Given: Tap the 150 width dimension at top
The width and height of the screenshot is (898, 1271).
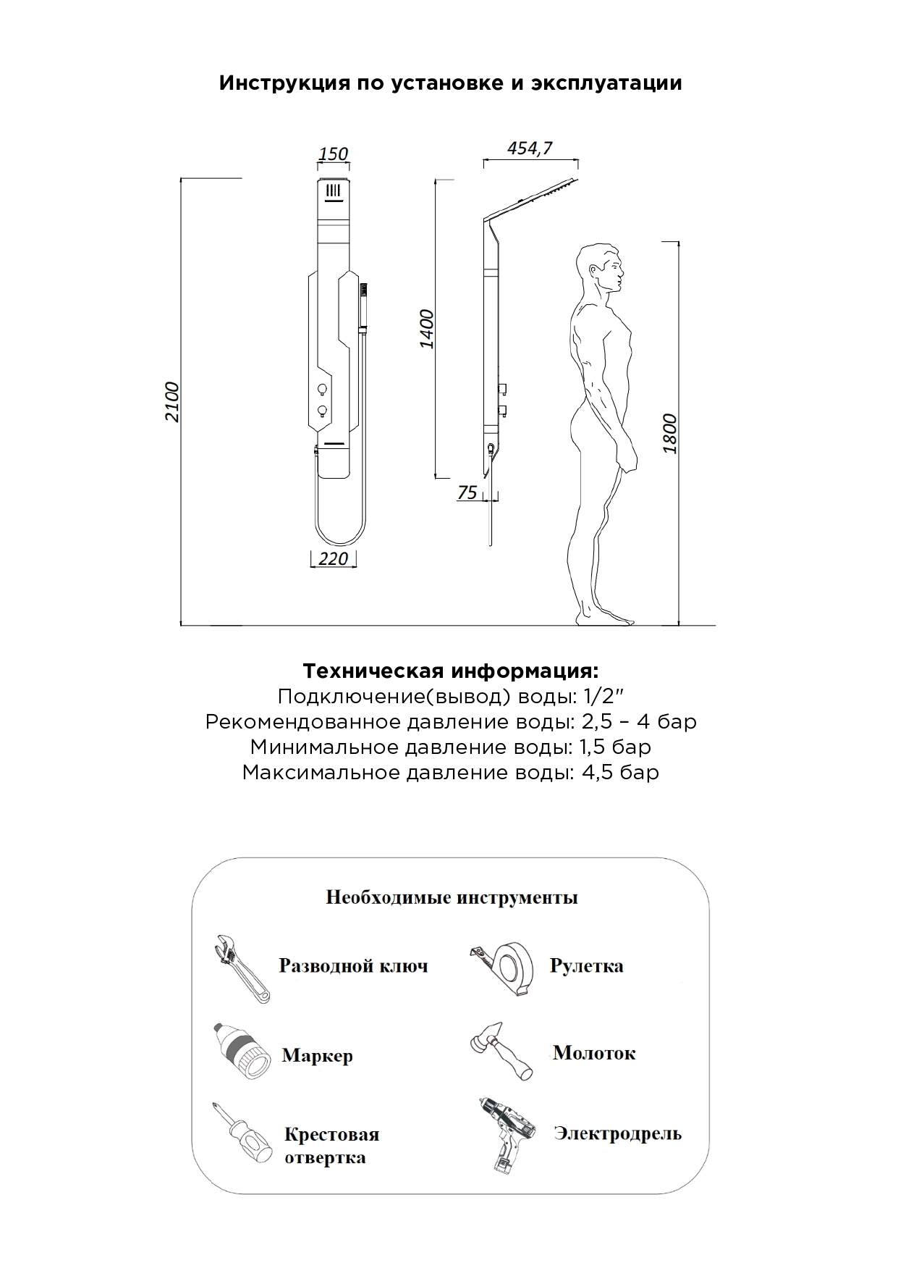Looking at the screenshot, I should [333, 154].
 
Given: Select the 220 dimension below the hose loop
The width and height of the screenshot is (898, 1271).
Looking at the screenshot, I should [333, 559].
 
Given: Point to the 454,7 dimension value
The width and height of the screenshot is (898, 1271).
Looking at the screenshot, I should [530, 148].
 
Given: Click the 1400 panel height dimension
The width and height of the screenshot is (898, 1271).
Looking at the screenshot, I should [427, 329].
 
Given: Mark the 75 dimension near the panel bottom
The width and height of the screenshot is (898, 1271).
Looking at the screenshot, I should [467, 492].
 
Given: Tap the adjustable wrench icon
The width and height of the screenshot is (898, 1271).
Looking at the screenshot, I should [241, 968].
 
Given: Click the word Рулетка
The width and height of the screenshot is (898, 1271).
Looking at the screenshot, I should [586, 965].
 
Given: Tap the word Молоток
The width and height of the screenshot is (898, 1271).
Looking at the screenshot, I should [594, 1052].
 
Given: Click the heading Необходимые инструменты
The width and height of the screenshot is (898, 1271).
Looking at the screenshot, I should [452, 897].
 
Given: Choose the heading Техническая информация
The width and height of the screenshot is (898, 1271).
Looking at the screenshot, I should [450, 671].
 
